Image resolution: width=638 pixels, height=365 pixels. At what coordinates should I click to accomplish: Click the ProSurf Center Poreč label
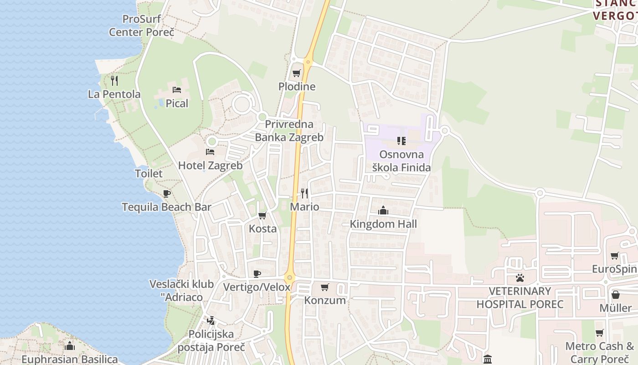click(141, 26)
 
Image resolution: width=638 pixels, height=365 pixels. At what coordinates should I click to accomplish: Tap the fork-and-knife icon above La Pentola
click(114, 81)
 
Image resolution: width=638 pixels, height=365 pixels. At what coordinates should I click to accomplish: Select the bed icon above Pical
click(177, 90)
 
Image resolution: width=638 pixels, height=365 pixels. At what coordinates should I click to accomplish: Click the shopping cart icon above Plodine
click(297, 73)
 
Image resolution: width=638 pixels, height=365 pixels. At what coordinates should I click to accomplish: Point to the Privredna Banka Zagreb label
click(289, 130)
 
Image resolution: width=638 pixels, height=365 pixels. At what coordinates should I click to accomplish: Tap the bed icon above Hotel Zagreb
click(210, 151)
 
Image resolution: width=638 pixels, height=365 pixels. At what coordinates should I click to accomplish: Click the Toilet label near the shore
click(149, 173)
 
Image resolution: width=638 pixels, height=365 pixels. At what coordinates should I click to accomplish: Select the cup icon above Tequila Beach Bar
click(167, 193)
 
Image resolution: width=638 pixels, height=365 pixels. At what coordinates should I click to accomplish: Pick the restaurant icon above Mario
click(304, 193)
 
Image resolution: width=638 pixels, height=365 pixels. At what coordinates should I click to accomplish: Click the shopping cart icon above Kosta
click(262, 215)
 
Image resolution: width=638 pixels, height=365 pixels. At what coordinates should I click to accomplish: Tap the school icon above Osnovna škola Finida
click(401, 141)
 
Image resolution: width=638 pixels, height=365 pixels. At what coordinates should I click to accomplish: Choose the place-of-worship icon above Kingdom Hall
click(383, 210)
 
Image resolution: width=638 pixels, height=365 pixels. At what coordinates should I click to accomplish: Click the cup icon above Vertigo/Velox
click(257, 274)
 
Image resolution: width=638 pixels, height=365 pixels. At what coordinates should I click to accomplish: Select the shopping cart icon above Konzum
click(325, 287)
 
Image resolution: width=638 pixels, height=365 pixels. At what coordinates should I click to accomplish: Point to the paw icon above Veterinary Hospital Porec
click(520, 277)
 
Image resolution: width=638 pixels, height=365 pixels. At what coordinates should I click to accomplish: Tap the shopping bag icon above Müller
click(615, 295)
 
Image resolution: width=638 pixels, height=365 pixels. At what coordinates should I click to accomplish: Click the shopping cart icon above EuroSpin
click(615, 255)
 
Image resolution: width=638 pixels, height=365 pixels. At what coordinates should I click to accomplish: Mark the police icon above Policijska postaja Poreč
click(210, 321)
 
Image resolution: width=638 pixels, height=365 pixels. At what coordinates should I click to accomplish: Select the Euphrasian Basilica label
click(70, 359)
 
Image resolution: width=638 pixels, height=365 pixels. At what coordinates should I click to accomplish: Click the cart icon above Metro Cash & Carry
click(600, 333)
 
